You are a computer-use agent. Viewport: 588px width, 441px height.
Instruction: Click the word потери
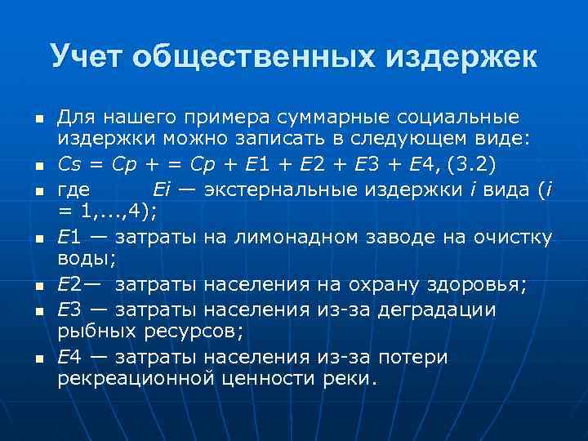click(x=414, y=357)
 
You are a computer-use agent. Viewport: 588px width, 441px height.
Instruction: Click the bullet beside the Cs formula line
click(x=38, y=167)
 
